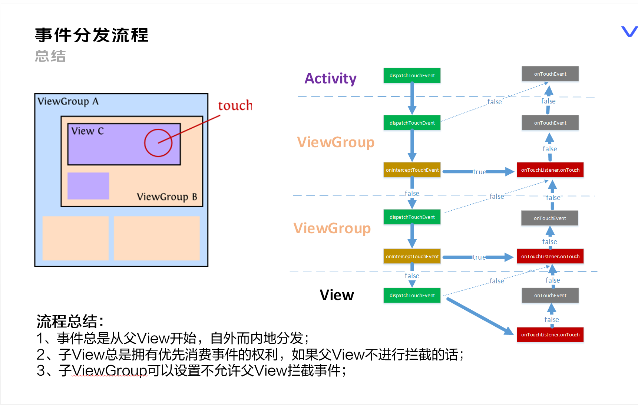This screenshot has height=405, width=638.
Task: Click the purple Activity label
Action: (x=330, y=79)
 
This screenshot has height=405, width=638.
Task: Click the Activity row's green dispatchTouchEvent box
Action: (x=412, y=75)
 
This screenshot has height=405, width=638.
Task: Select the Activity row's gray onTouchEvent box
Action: (x=550, y=74)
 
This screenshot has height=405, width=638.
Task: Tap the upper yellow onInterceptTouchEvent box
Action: (x=412, y=170)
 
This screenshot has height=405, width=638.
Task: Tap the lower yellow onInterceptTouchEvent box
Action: (x=412, y=256)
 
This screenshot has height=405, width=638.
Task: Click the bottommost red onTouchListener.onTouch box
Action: (x=550, y=335)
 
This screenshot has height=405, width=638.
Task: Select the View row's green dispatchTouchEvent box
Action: (x=412, y=295)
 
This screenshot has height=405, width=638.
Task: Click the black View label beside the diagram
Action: (x=337, y=295)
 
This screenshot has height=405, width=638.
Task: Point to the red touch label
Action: (x=235, y=106)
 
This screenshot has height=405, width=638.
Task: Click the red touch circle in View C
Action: (x=158, y=143)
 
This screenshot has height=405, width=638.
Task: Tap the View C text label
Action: (x=87, y=131)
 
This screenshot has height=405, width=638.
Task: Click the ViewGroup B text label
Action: (x=167, y=197)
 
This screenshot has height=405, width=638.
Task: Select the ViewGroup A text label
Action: (x=68, y=102)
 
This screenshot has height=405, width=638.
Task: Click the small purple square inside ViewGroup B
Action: (x=88, y=186)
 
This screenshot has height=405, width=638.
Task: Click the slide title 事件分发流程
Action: (x=92, y=36)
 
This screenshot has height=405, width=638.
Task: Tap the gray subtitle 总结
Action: (x=50, y=56)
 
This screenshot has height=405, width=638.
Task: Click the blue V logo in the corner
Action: (x=629, y=32)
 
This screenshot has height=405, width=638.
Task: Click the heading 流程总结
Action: (x=70, y=321)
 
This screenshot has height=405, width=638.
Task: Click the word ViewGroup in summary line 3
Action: (x=109, y=371)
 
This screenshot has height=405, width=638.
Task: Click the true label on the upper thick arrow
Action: (x=479, y=172)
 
